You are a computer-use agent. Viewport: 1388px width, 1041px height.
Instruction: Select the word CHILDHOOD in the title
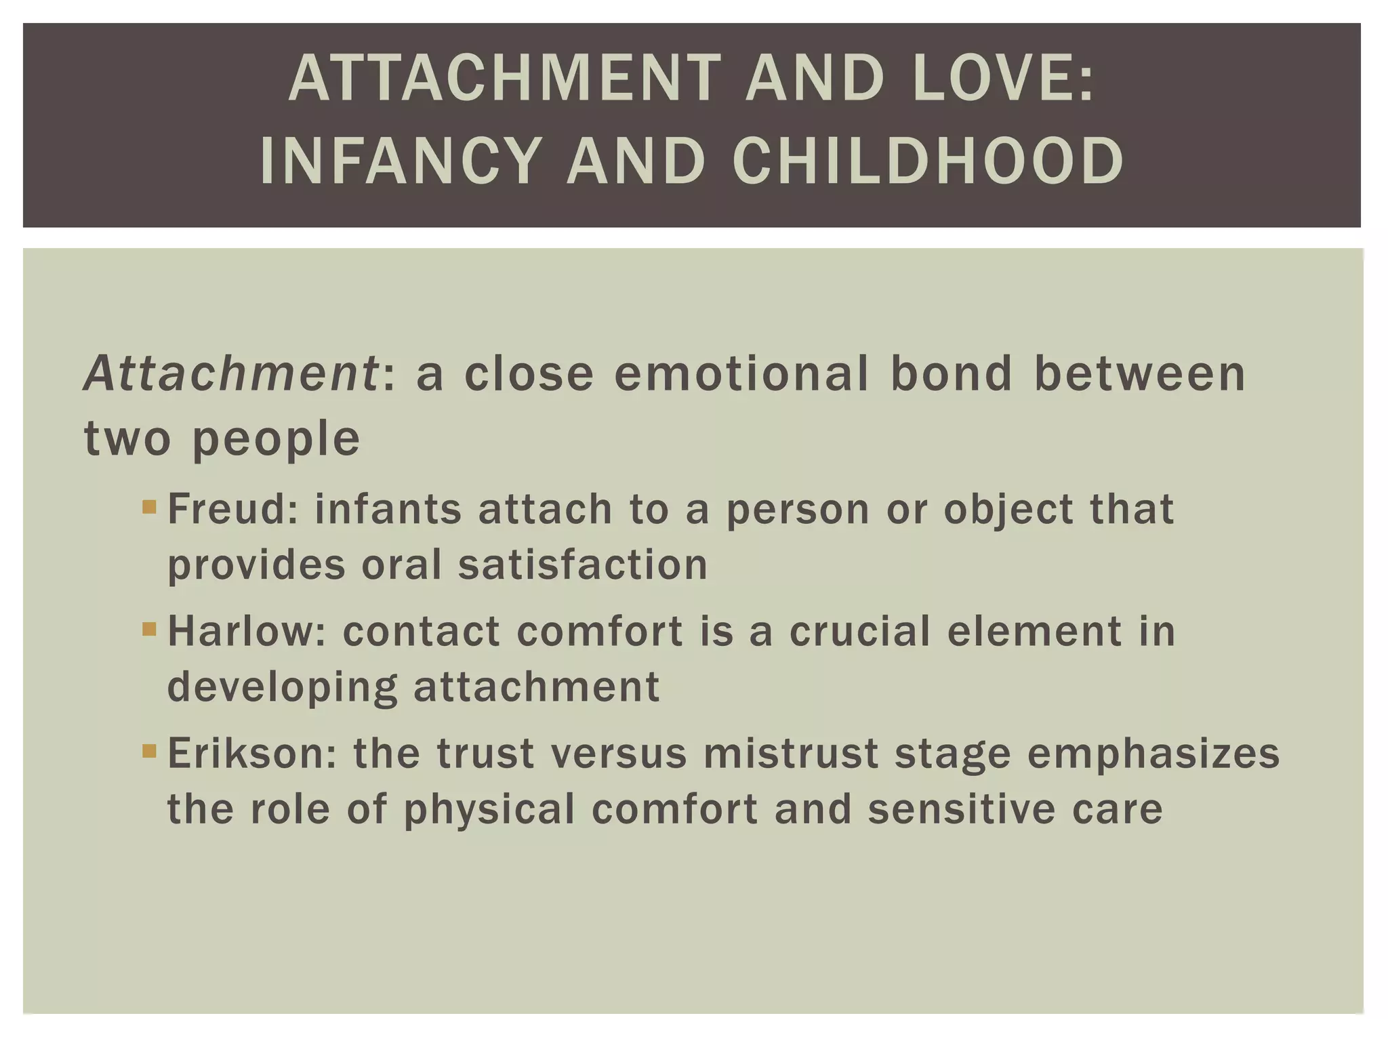928,161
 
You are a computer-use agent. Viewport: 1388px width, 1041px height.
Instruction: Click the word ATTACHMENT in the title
506,79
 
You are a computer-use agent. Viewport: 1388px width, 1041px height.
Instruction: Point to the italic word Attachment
231,374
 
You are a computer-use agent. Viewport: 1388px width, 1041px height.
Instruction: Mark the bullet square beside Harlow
150,630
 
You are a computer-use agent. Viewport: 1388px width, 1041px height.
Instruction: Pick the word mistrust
791,754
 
